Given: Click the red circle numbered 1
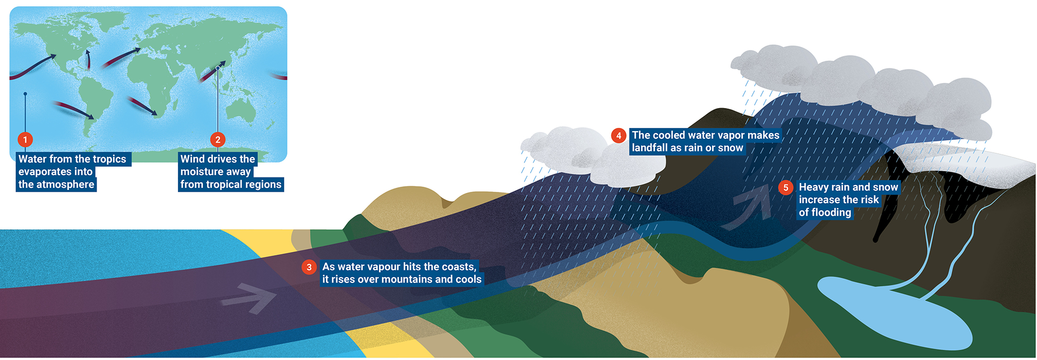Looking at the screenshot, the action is [25, 139].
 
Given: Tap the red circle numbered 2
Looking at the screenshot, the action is [218, 139].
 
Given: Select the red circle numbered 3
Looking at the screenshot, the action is [309, 267].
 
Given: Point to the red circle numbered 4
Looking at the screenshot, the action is [618, 136].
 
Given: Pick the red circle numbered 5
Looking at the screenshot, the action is [786, 188].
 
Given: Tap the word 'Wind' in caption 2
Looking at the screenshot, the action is [192, 159].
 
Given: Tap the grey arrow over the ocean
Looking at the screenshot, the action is [250, 298].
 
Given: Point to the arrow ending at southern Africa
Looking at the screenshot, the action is [142, 105].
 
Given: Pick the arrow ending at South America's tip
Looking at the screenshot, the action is [73, 110].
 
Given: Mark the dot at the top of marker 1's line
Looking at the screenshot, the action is [25, 94].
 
